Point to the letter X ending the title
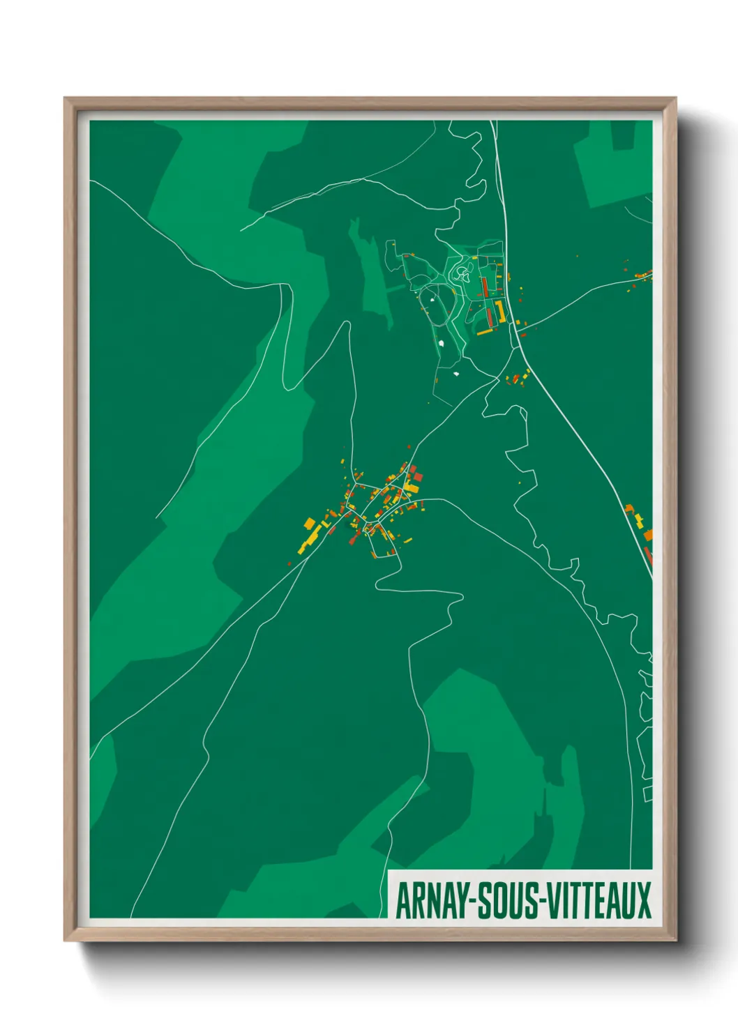tap(643, 900)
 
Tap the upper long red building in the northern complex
tap(484, 287)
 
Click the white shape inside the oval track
tap(432, 300)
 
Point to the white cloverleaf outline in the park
tap(461, 273)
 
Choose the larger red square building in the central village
tap(418, 477)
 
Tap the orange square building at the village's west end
tap(309, 522)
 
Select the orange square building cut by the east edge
tap(648, 535)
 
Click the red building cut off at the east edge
tap(648, 555)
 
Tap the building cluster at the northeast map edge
tap(643, 275)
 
